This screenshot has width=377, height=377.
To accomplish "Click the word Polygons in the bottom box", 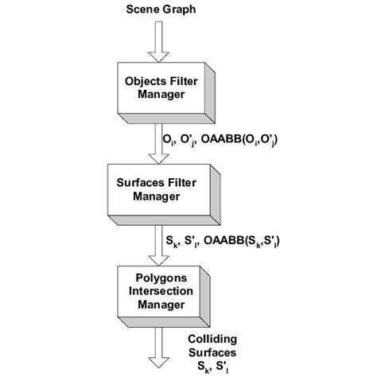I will click(157, 278).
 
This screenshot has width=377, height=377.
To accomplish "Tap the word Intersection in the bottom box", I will click(157, 291).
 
